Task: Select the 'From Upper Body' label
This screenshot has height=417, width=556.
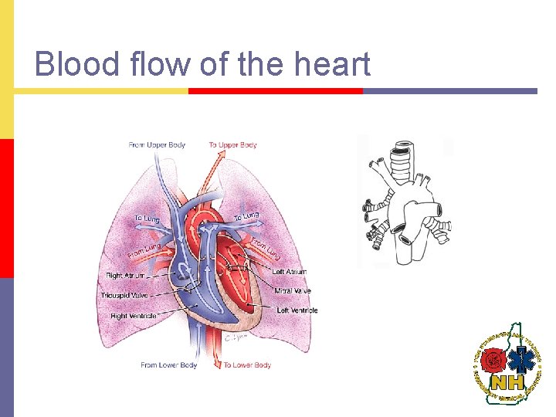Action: [157, 145]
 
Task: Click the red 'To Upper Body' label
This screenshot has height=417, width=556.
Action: [232, 145]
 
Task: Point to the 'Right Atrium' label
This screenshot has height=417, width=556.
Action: [126, 275]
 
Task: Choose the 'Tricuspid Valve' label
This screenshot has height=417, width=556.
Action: [124, 295]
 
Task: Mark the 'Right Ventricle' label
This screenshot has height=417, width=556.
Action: [133, 316]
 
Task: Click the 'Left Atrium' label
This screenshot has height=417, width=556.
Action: [290, 272]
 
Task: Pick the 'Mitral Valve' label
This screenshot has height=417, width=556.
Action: [293, 291]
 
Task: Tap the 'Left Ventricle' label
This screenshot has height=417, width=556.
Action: [297, 310]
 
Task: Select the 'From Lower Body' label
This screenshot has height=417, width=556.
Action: [169, 365]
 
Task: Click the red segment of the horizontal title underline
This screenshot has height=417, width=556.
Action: [276, 91]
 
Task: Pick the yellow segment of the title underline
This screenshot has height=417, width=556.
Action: [101, 91]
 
